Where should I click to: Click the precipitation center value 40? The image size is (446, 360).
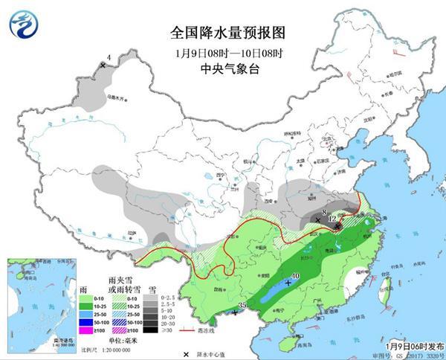(296, 276)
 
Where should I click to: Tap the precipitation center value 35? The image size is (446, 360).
(242, 305)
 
